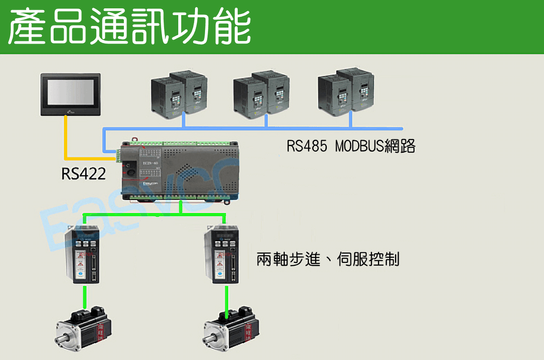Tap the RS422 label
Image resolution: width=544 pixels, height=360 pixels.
coord(83,173)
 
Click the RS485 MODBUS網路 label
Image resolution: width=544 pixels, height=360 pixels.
coord(351,146)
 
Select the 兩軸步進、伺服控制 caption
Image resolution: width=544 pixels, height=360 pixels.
coord(328,260)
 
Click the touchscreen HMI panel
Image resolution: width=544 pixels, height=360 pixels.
coord(71,94)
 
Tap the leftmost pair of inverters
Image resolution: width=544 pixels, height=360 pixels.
coord(179,95)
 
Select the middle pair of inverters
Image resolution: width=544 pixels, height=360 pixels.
coord(261,95)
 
